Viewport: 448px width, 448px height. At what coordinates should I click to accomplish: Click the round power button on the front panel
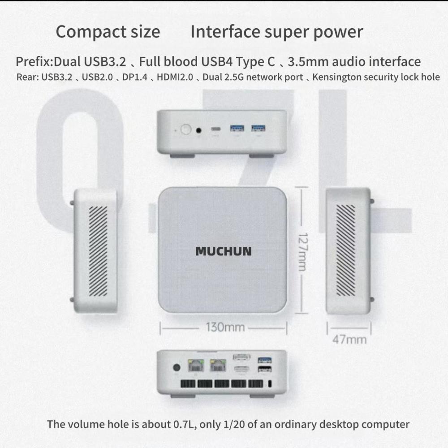(x=186, y=129)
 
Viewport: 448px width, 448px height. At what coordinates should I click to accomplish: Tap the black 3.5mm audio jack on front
(x=199, y=130)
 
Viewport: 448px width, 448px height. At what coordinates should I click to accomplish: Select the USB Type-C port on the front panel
(x=216, y=129)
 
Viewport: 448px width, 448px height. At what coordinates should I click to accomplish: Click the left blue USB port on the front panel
(x=237, y=128)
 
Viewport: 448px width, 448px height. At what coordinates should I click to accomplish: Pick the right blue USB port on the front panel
(x=258, y=128)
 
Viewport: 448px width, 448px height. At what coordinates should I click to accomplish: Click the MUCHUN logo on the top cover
(x=224, y=251)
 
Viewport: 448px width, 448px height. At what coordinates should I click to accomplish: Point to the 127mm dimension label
(x=302, y=252)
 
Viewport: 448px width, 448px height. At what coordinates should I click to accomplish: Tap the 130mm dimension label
(x=225, y=327)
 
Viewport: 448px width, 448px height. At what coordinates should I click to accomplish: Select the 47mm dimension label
(x=349, y=340)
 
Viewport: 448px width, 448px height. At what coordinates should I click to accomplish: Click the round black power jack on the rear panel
(x=177, y=367)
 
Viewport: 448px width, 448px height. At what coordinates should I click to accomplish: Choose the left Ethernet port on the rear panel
(x=196, y=366)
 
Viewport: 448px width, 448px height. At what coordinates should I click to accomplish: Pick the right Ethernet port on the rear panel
(x=218, y=366)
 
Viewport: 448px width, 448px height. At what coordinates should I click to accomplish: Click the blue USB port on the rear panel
(x=265, y=360)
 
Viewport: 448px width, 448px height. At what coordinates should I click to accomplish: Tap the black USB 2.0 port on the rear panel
(x=265, y=369)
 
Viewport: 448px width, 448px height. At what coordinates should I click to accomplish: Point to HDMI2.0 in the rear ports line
(x=175, y=77)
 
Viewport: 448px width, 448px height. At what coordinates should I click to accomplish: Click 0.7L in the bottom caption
(x=185, y=424)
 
